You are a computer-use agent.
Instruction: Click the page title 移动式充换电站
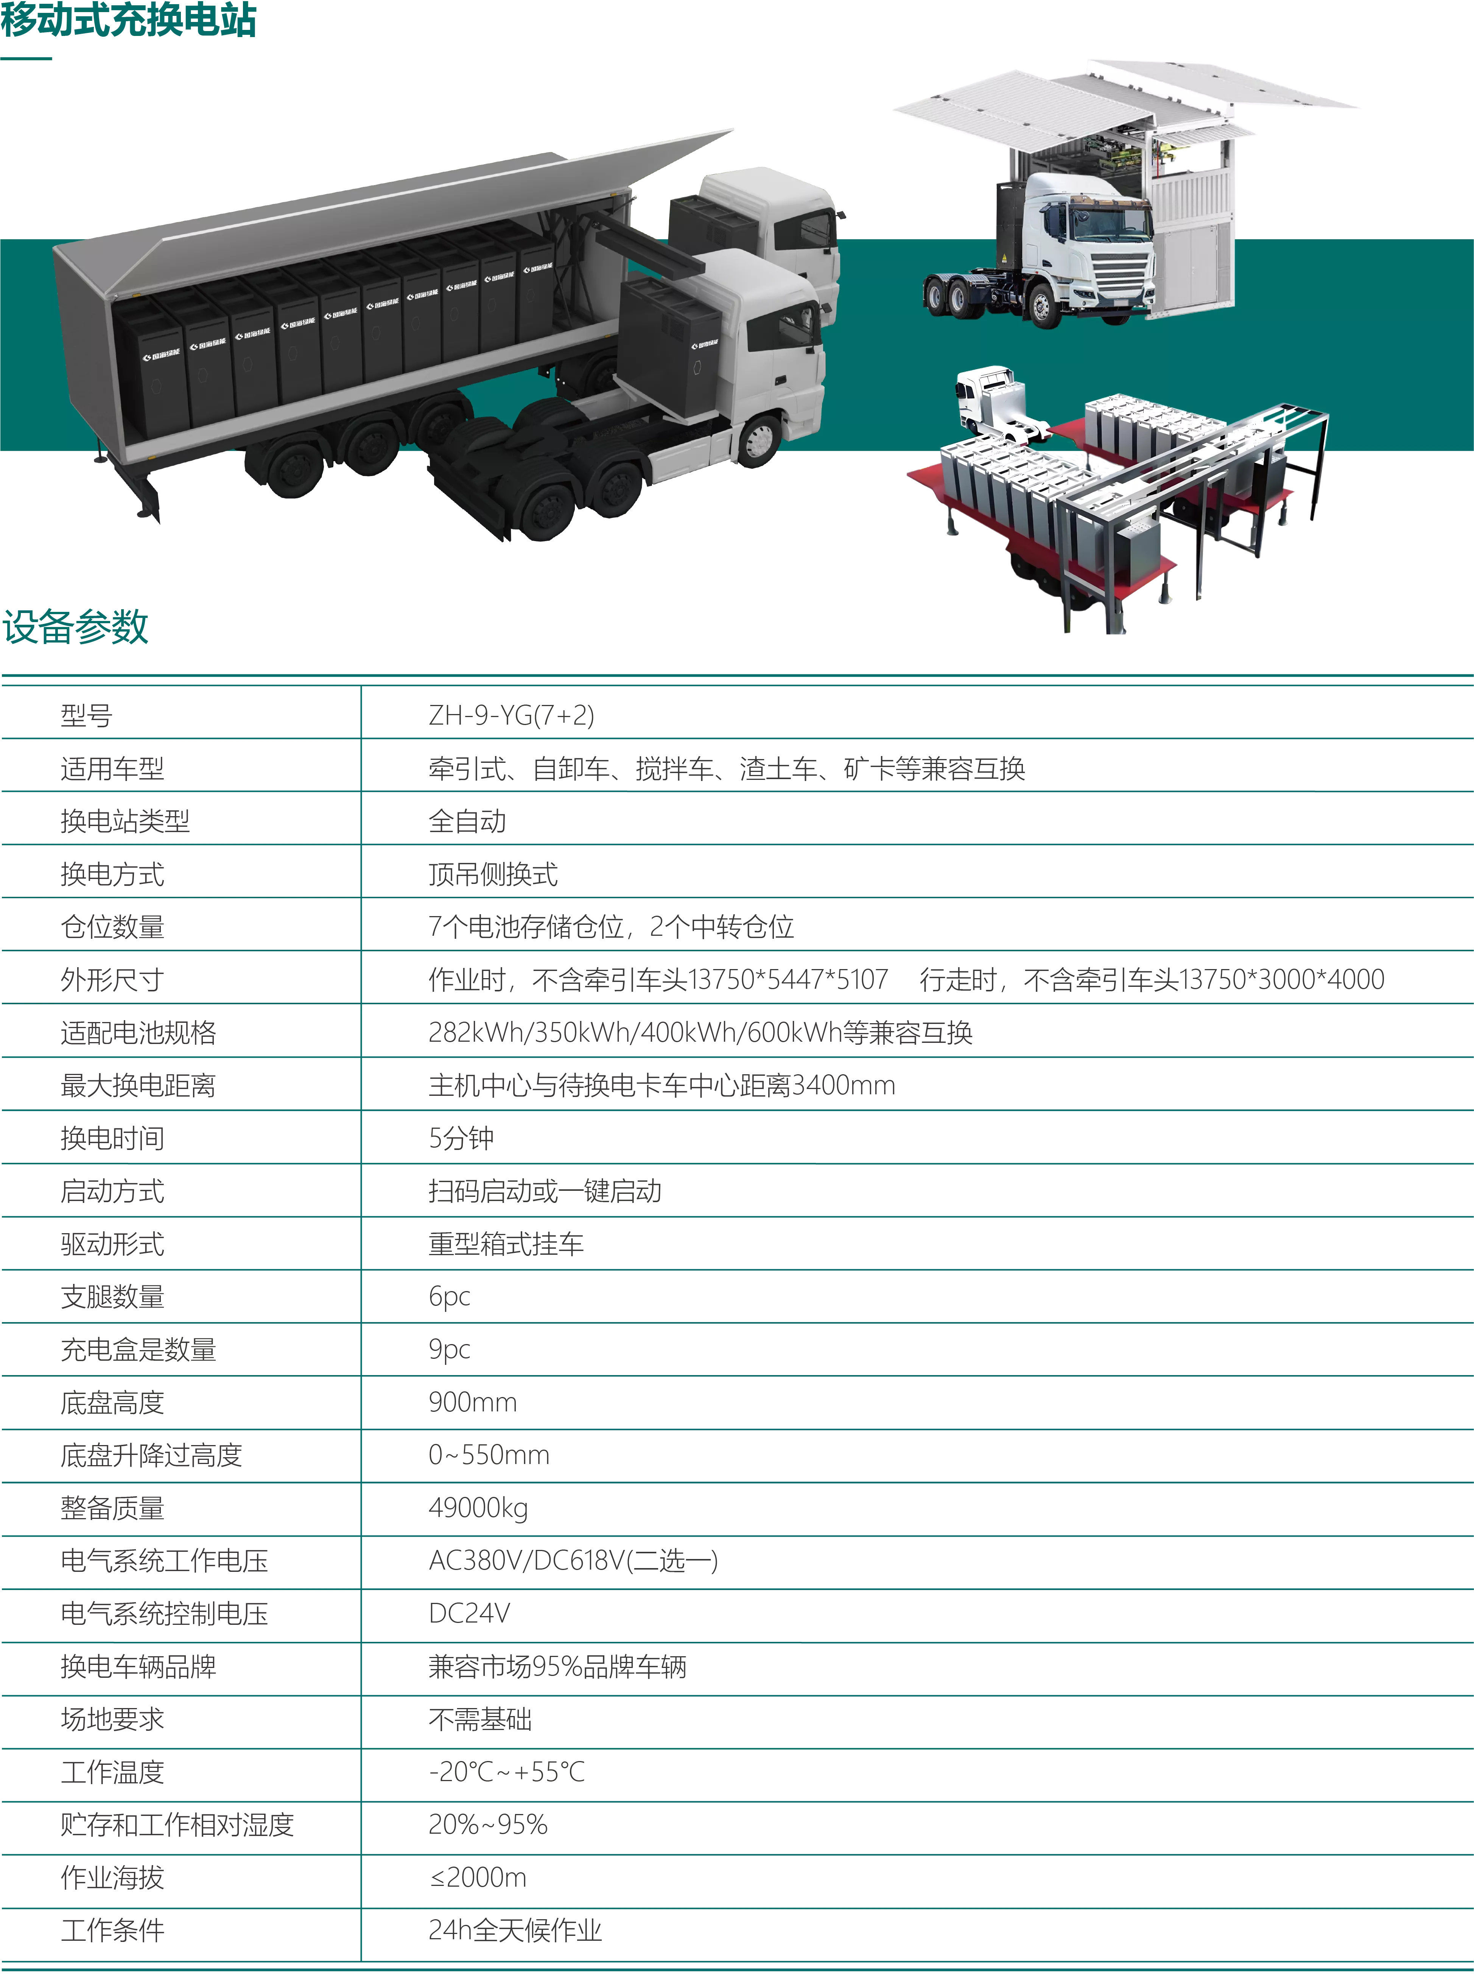tap(129, 20)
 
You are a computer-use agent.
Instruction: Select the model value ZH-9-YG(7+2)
tap(511, 716)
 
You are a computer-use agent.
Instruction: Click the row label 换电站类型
tap(125, 821)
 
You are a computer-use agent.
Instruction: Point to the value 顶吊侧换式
tap(493, 874)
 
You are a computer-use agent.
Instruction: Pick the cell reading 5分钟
tap(461, 1139)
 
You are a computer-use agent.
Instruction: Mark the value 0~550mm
tap(489, 1455)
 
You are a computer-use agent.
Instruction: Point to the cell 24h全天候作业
tap(515, 1931)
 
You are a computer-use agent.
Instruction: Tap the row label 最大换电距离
tap(138, 1086)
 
